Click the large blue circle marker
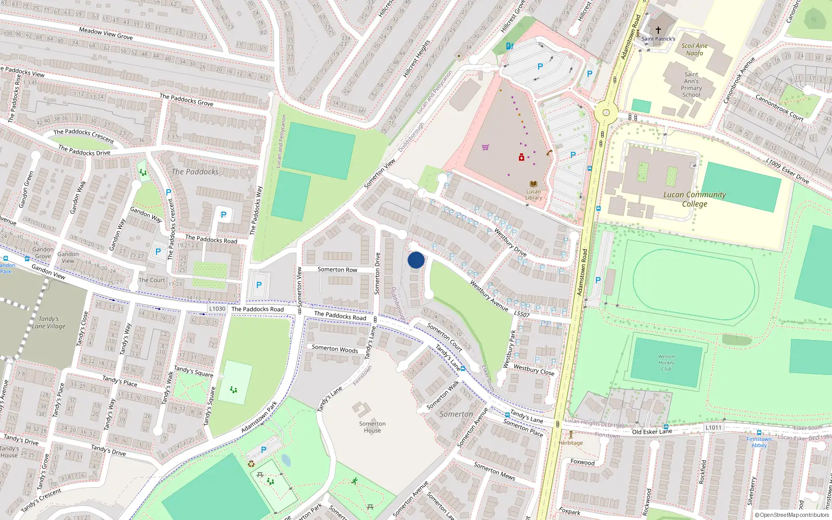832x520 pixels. [416, 260]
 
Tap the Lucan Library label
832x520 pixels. [534, 194]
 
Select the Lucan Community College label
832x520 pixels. [694, 199]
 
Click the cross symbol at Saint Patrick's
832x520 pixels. [658, 30]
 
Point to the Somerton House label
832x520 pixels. [372, 427]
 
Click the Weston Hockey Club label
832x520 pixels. [666, 363]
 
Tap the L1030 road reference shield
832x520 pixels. [217, 308]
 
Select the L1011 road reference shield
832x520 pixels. [713, 427]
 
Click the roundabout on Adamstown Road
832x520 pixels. [606, 112]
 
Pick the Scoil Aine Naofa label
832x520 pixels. [695, 49]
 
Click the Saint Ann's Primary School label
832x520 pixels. [691, 85]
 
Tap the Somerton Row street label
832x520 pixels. [337, 269]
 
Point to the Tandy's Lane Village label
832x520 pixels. [49, 322]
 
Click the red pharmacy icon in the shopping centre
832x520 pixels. [521, 157]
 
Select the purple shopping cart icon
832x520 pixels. [485, 147]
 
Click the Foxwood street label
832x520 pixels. [582, 462]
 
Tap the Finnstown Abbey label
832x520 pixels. [759, 442]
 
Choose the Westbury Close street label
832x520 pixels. [534, 369]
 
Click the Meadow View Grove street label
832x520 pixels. [106, 34]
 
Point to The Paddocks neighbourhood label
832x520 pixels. [195, 172]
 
